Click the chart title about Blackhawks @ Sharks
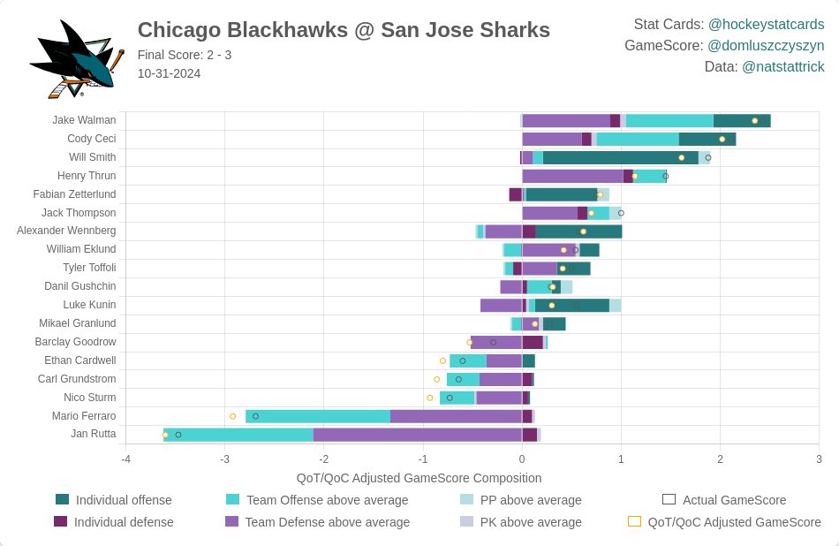point(344,30)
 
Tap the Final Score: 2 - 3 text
point(185,55)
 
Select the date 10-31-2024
point(169,73)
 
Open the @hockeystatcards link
point(766,24)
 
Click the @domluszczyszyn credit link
point(766,45)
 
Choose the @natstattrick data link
point(782,66)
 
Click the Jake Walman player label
point(84,120)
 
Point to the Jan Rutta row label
point(93,434)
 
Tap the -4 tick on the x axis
point(125,459)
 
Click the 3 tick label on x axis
point(819,459)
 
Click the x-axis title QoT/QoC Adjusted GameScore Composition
point(419,478)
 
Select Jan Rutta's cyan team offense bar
point(238,435)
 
